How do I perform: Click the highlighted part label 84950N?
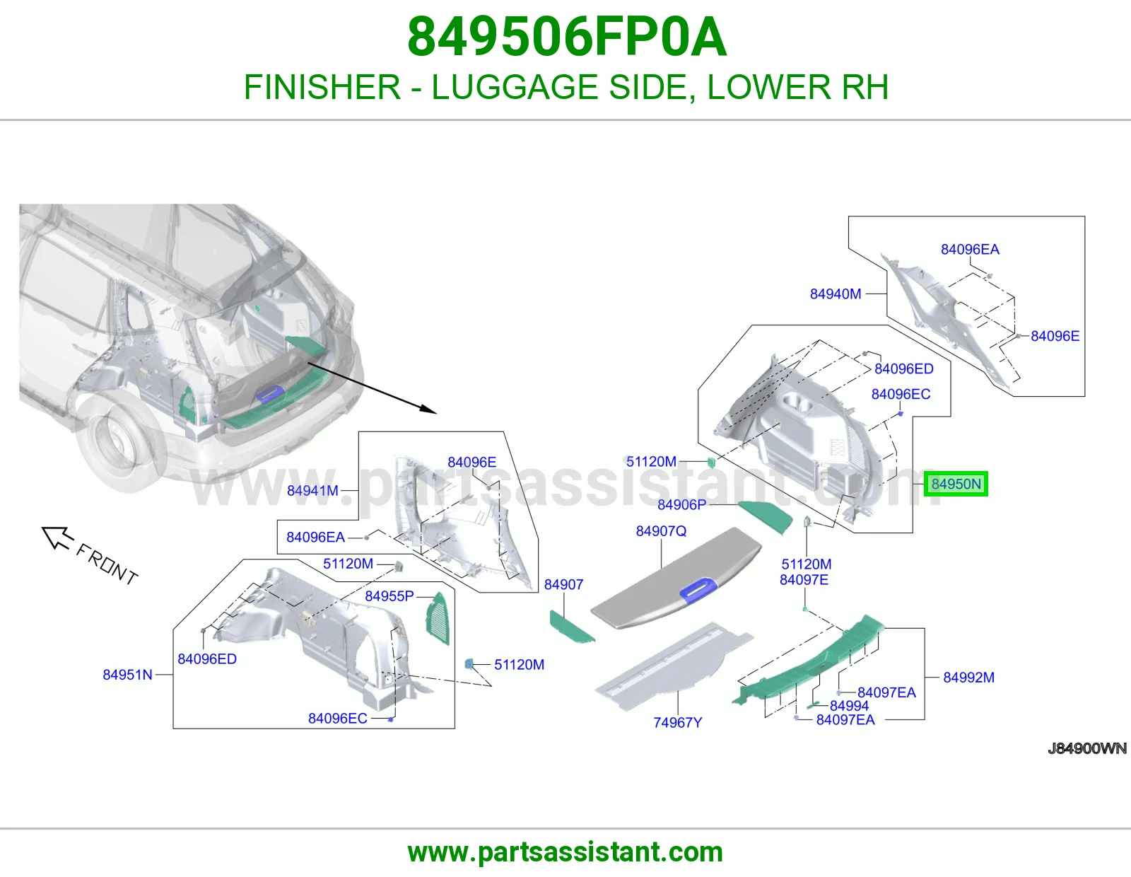[x=956, y=484]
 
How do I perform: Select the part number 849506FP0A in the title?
[x=567, y=37]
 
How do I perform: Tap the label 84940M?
[x=836, y=294]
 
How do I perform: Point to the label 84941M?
[x=312, y=491]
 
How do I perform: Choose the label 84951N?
[x=127, y=675]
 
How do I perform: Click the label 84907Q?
[x=661, y=531]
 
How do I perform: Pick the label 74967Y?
[x=678, y=723]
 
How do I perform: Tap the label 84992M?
[x=968, y=678]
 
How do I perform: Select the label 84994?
[x=850, y=706]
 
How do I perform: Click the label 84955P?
[x=389, y=596]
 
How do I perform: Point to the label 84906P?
[x=682, y=505]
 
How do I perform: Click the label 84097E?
[x=804, y=580]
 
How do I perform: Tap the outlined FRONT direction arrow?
[x=57, y=538]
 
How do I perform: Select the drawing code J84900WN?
[x=1087, y=748]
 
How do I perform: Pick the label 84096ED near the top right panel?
[x=903, y=368]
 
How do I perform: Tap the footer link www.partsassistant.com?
[x=565, y=852]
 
